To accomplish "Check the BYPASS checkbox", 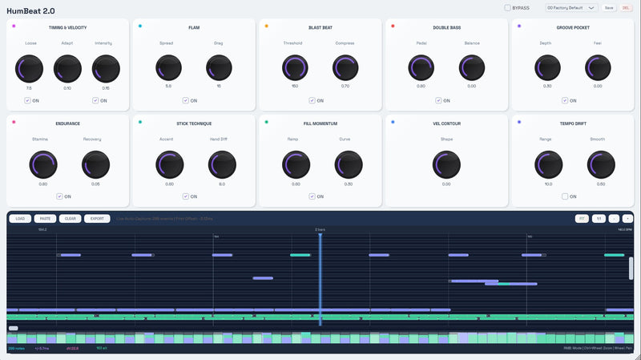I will pos(508,8).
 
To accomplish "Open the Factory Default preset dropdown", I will pos(570,8).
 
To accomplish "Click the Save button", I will pos(609,8).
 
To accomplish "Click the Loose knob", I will pos(30,68).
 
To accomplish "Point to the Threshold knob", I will pos(294,68).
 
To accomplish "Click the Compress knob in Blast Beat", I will pos(345,68).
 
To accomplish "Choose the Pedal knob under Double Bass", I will pos(421,68).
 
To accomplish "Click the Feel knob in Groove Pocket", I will pos(599,68).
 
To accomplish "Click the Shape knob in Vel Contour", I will pos(446,164).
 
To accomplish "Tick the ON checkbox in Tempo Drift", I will pos(566,196).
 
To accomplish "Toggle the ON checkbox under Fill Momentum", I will pos(312,196).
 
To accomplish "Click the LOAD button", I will pos(20,218).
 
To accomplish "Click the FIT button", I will pos(581,218).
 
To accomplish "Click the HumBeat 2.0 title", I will pos(31,10).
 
